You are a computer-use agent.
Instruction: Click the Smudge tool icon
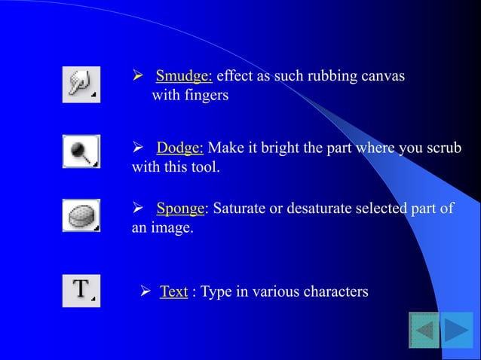(81, 84)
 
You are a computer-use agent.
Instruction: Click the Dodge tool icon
(81, 151)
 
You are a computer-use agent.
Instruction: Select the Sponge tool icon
(81, 215)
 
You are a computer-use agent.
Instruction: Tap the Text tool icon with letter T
(81, 290)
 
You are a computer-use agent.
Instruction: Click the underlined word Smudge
(184, 76)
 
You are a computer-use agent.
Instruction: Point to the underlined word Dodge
(180, 147)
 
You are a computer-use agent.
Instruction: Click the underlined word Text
(173, 291)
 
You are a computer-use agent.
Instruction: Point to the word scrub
(444, 147)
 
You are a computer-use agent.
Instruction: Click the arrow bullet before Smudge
(138, 76)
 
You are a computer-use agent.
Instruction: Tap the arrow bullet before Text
(148, 291)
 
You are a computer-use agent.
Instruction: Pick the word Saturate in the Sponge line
(238, 209)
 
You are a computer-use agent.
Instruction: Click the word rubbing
(318, 76)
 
